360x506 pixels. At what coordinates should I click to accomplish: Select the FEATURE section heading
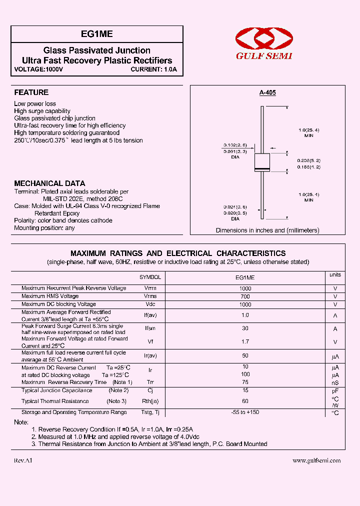point(31,92)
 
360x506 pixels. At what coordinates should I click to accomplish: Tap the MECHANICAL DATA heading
point(49,183)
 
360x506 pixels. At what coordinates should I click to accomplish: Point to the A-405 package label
point(267,92)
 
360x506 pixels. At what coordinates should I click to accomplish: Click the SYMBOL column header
point(150,277)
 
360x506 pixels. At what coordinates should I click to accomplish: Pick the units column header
point(335,275)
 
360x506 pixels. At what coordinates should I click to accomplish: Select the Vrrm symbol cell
point(150,288)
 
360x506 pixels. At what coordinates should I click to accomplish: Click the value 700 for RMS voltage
point(245,296)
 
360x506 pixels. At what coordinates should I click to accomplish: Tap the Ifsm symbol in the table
point(150,328)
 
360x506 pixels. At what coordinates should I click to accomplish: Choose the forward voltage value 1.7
point(245,342)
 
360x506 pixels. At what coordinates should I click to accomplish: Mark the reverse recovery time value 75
point(245,382)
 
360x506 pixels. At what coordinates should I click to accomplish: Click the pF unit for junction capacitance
point(335,390)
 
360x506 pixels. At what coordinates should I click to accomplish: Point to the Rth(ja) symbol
point(150,401)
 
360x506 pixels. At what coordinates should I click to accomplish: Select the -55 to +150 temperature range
point(245,412)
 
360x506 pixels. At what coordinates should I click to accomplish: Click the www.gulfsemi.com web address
point(316,460)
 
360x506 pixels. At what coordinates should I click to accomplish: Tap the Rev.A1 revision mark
point(22,460)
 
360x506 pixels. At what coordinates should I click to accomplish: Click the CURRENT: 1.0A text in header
point(154,69)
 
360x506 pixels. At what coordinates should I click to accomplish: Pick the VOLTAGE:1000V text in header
point(38,69)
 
